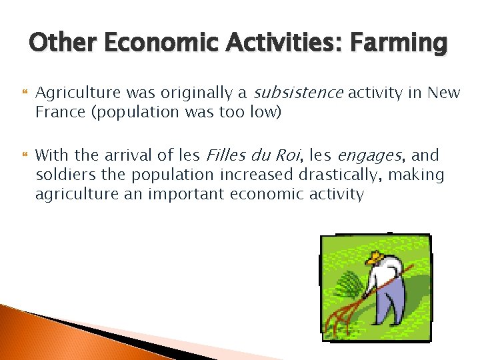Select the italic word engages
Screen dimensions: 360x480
pos(369,156)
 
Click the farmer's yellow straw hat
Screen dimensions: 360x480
pos(376,257)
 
